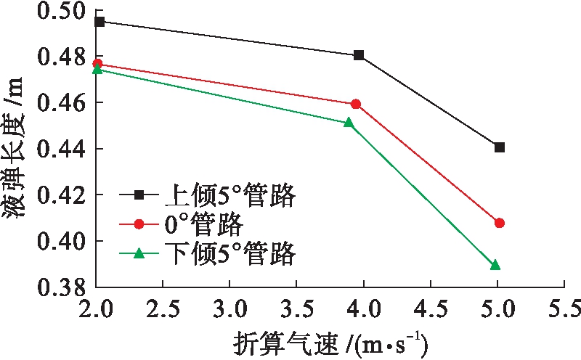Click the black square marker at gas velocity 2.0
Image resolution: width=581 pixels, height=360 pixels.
[99, 22]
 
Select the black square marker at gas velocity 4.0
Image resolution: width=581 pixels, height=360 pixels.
[359, 55]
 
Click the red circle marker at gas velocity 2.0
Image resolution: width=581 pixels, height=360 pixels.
[97, 64]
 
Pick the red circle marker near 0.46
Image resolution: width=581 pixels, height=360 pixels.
[356, 104]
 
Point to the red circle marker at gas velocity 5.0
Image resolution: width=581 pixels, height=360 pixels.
[500, 223]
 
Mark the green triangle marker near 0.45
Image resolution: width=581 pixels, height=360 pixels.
[349, 123]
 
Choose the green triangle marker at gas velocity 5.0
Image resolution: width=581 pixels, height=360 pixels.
[495, 265]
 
